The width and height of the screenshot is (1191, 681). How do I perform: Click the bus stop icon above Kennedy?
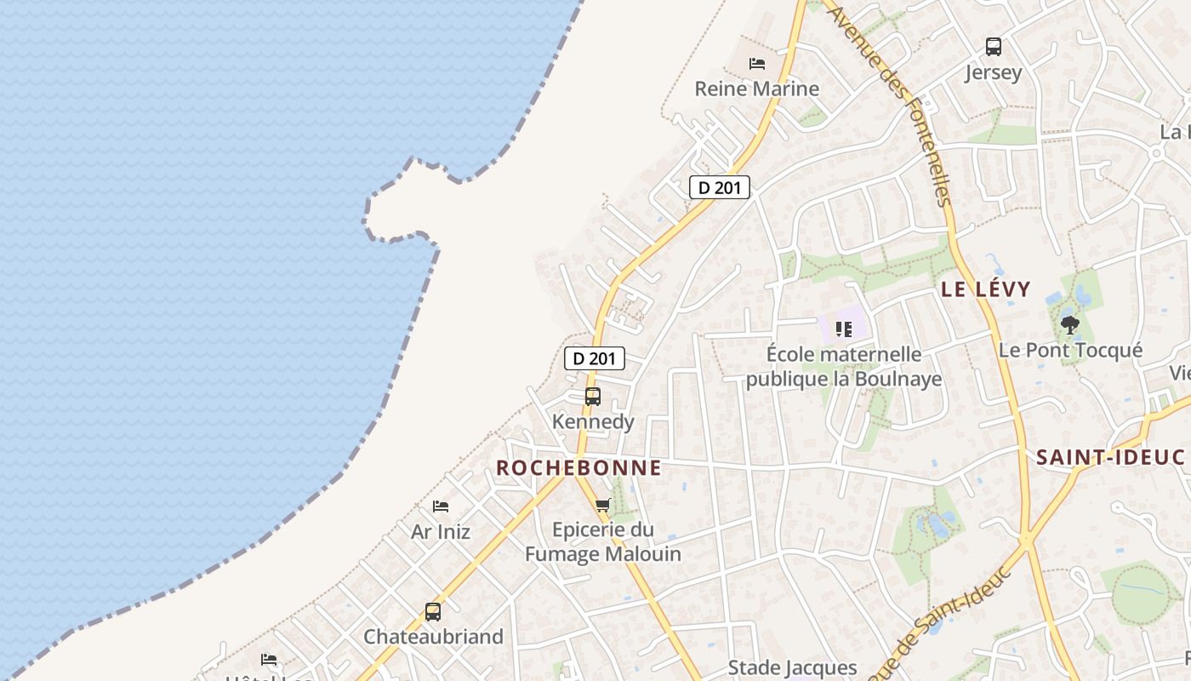point(593,397)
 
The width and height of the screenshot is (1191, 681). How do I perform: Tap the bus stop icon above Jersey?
point(993,47)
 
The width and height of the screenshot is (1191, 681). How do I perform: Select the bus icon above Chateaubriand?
point(433,611)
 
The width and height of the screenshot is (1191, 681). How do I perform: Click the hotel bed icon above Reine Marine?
point(756,64)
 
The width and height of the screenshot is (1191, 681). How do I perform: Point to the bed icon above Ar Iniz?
point(441,506)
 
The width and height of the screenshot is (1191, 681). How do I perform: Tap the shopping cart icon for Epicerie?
point(603,505)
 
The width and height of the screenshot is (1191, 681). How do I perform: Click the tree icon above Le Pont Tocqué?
point(1070,324)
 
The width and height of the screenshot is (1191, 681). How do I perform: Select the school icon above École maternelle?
point(844,329)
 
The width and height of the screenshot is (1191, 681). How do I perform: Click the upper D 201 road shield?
point(720,187)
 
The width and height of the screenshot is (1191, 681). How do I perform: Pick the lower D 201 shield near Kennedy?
point(595,358)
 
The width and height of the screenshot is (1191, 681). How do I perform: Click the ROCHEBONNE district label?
point(578,467)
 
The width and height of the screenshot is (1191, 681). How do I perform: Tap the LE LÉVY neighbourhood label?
point(985,289)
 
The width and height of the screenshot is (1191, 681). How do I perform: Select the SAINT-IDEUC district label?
point(1109,457)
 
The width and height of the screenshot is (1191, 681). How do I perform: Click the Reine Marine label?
point(756,89)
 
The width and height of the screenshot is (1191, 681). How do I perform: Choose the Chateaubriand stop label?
point(433,637)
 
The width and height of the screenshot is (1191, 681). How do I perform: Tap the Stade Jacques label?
point(792,668)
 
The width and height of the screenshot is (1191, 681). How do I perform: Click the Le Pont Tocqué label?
point(1070,350)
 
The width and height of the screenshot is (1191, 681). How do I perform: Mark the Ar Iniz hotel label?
point(441,532)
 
